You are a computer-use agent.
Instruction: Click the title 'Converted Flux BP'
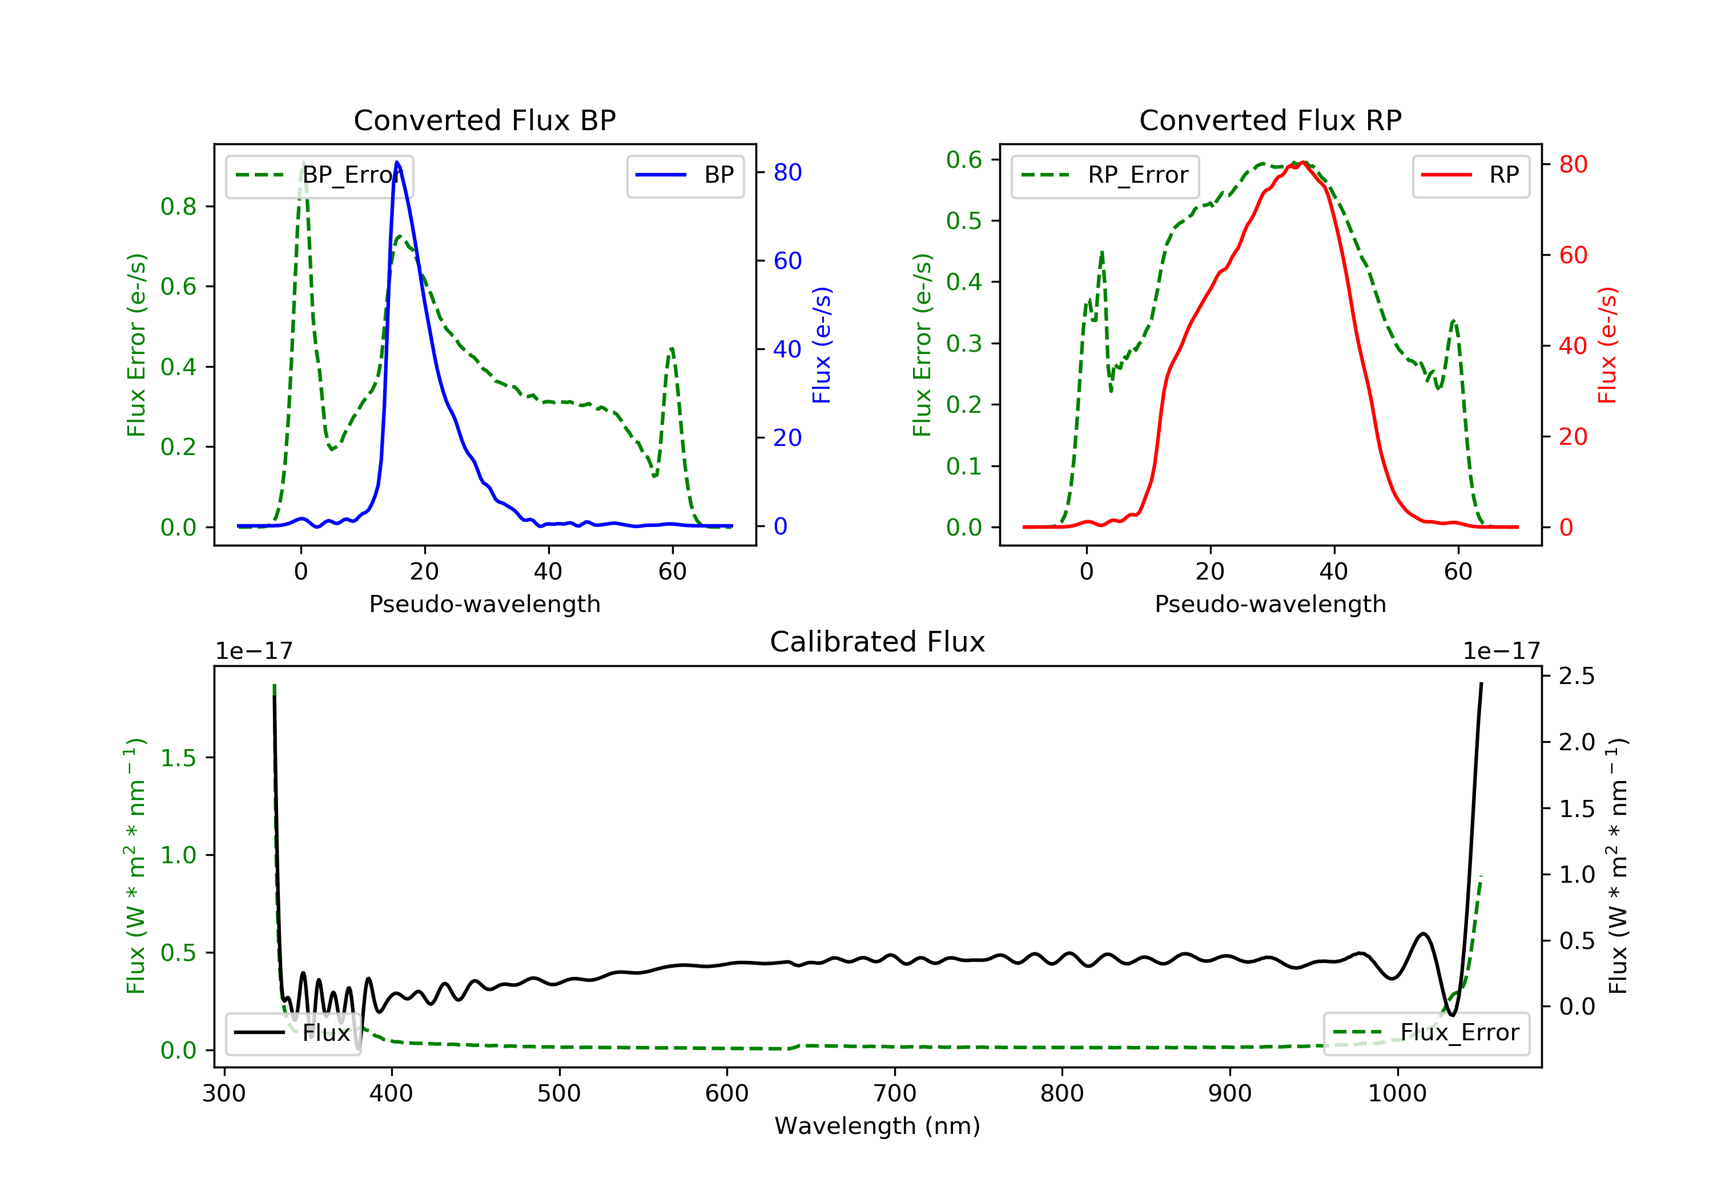484,120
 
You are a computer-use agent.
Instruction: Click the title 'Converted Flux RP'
1270,120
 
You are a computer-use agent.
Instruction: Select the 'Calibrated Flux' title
878,642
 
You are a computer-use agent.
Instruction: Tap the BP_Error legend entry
319,175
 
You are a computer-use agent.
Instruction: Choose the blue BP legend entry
685,175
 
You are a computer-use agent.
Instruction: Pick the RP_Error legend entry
1105,175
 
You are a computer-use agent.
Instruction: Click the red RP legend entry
1470,175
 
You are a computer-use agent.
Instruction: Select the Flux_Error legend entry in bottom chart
1426,1033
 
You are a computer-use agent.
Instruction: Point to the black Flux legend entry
292,1033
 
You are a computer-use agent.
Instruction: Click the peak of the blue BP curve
397,162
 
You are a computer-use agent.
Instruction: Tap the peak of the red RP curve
1302,163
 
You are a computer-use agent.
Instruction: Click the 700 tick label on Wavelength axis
895,1094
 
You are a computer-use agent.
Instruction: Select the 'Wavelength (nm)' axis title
878,1126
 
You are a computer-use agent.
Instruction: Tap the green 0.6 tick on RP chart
964,160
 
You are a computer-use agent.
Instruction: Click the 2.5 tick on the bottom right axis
1577,676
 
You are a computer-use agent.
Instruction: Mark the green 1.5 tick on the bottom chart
178,758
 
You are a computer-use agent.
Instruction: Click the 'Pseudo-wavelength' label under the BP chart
485,603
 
